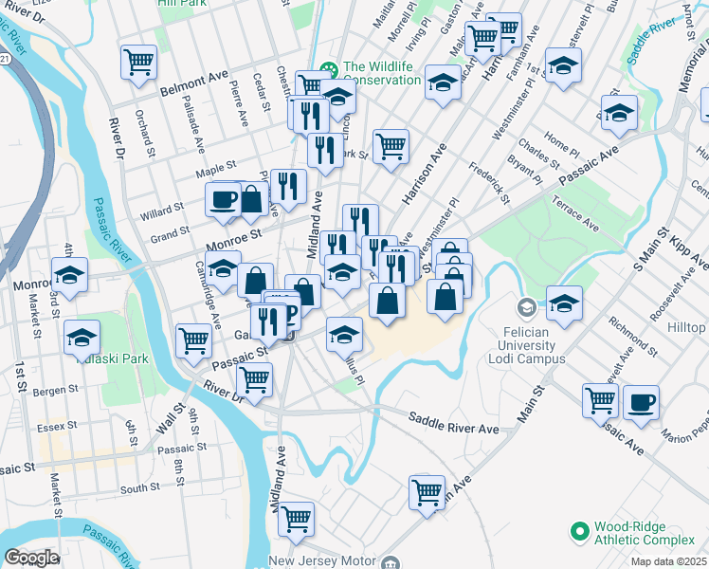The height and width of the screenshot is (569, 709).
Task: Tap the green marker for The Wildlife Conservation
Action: tap(329, 68)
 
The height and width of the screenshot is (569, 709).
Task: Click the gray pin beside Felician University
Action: tap(527, 308)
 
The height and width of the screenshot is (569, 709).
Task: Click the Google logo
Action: tap(31, 558)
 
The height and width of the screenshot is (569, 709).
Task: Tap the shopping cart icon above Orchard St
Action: tap(138, 62)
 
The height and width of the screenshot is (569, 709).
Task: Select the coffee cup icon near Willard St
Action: tap(224, 199)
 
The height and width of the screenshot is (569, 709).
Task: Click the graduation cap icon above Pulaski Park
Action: tap(82, 337)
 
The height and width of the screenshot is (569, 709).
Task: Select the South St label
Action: tap(139, 488)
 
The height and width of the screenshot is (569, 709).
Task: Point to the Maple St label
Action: tap(215, 172)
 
